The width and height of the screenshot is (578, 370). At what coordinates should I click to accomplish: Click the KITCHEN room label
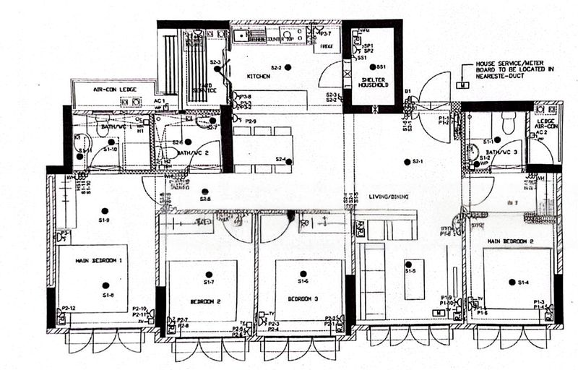tap(258, 76)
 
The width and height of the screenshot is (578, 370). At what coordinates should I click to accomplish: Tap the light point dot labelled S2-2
tap(288, 67)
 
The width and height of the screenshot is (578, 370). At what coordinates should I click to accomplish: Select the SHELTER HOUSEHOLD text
tap(374, 80)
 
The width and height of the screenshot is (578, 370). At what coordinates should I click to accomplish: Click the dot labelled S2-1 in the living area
tap(407, 160)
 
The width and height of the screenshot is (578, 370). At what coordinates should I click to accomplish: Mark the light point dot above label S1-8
tap(105, 284)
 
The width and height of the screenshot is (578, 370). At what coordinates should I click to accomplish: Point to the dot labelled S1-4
tap(511, 283)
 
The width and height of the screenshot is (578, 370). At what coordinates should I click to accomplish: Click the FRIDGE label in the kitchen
tap(325, 46)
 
